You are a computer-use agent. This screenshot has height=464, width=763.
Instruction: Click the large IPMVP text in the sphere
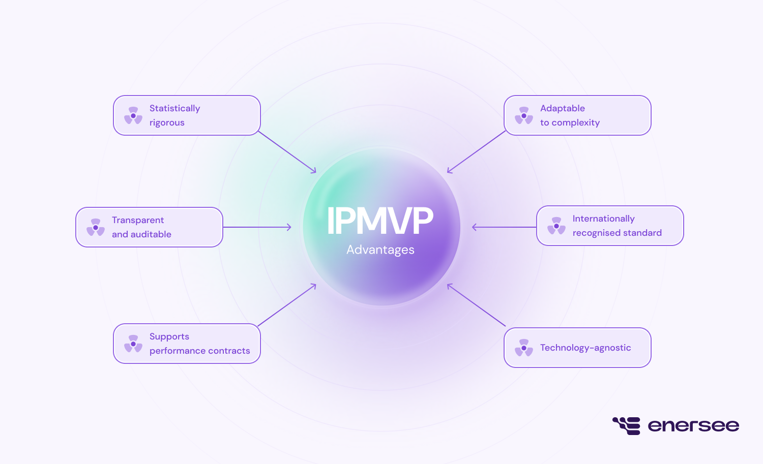[380, 221]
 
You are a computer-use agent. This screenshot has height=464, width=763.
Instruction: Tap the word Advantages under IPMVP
[380, 250]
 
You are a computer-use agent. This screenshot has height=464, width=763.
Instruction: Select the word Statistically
[174, 108]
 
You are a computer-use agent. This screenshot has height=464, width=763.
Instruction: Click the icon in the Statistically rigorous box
[133, 115]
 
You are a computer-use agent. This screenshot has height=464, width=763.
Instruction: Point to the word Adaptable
[562, 108]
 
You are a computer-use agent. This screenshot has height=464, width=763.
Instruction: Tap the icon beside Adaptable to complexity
[524, 115]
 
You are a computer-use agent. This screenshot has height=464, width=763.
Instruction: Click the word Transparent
[138, 220]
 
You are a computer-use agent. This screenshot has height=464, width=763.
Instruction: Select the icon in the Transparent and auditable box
[96, 227]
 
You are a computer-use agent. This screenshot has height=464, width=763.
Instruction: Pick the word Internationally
[603, 219]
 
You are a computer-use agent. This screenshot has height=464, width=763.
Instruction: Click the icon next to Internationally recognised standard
[556, 226]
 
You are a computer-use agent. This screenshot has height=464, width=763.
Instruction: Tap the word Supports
[169, 336]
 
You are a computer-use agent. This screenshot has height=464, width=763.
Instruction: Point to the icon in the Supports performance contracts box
[133, 344]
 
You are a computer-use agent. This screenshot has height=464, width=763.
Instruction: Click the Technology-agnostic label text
[585, 348]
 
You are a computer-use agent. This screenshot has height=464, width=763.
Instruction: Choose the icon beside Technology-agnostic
[524, 348]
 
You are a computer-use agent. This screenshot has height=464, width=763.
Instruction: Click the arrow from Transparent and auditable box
[257, 227]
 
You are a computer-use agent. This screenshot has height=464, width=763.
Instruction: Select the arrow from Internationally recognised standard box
[504, 227]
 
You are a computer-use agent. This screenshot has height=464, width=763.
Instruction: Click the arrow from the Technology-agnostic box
[476, 305]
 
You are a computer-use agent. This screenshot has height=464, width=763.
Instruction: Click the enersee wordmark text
[693, 426]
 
